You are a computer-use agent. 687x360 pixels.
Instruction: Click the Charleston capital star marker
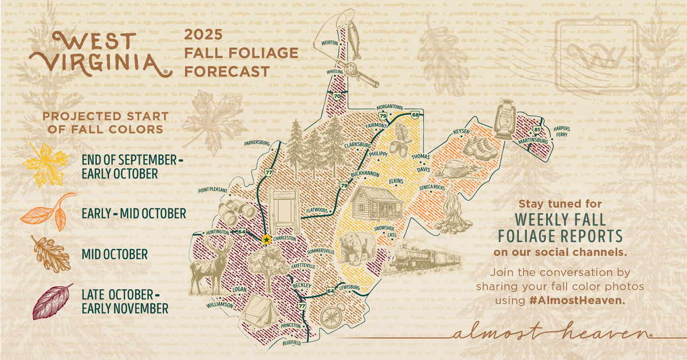coord(266,240)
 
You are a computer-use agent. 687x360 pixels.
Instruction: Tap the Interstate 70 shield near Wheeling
coord(337,97)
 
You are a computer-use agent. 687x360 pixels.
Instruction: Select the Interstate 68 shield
coord(414,115)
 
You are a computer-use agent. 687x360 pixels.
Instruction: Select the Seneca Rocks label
coord(432,187)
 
